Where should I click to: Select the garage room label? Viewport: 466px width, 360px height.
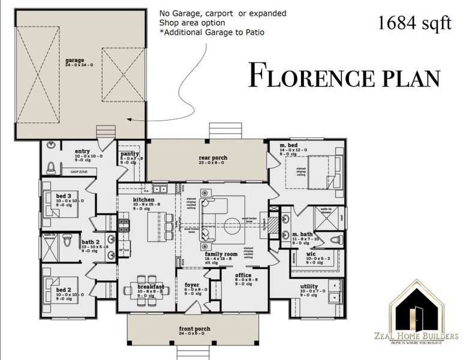(x=74, y=61)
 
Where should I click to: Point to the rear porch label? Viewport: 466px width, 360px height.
(x=213, y=158)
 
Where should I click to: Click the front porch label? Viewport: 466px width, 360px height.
(x=194, y=329)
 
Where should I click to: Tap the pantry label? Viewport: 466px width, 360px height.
(x=130, y=154)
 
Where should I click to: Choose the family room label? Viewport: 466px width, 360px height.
(x=221, y=254)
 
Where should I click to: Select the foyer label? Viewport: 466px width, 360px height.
(x=192, y=286)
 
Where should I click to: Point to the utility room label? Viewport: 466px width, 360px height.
(x=309, y=287)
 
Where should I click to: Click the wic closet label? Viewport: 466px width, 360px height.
(x=311, y=254)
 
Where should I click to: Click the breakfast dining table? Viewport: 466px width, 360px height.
(x=146, y=283)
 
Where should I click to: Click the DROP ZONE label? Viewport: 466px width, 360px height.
(x=79, y=172)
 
